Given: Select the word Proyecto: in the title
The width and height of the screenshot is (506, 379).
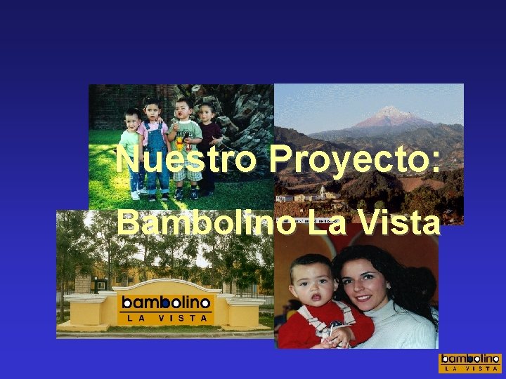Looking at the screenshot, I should click(355, 159).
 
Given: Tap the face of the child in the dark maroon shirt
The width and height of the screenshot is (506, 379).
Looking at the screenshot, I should click(207, 113).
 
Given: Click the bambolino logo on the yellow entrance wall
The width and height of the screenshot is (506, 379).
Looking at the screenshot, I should click(166, 302).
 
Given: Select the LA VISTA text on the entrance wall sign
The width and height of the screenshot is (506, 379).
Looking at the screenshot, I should click(166, 318).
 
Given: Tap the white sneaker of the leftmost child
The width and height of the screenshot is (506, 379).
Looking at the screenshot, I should click(136, 195).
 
